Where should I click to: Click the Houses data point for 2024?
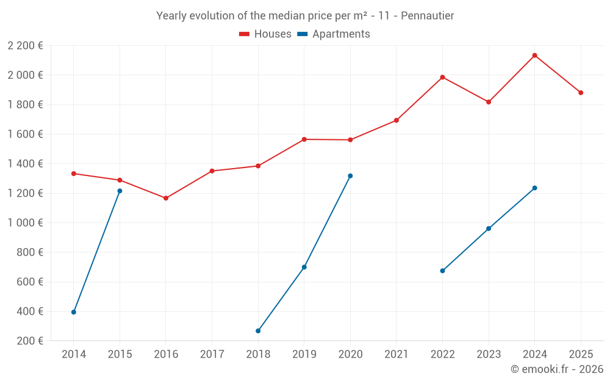point(535,56)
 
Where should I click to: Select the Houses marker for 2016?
point(166,198)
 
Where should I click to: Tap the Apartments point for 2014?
point(74,312)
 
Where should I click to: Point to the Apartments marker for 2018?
point(258,331)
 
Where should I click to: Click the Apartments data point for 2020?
point(350,176)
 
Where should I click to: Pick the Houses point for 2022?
point(442,77)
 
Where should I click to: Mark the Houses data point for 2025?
point(581,93)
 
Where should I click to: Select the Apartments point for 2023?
point(489,229)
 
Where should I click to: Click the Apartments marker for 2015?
point(120,191)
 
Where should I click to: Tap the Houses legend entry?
point(265,34)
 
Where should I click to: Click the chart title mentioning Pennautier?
point(305,16)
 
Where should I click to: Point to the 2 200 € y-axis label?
point(26,46)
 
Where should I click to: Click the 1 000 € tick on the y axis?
point(26,223)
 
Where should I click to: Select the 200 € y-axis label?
point(30,341)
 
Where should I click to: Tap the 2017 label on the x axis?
point(212,354)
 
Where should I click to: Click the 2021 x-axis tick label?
point(396,354)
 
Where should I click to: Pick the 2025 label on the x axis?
point(581,354)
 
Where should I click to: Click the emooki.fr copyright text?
point(556,369)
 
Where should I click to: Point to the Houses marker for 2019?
point(304,139)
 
